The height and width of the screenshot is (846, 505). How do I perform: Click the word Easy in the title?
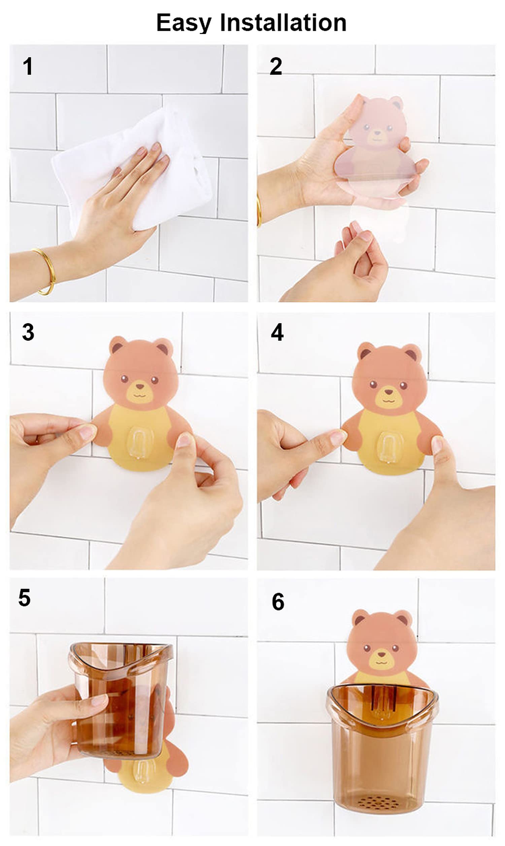click(x=184, y=23)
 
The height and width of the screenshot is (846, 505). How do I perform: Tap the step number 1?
click(x=28, y=66)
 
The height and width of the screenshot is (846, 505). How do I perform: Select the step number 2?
click(x=276, y=66)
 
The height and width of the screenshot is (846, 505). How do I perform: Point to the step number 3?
click(x=28, y=332)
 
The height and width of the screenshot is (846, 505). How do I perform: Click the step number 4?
click(x=277, y=332)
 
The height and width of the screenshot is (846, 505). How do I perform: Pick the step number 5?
click(x=25, y=598)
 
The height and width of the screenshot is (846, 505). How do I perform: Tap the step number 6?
click(x=278, y=602)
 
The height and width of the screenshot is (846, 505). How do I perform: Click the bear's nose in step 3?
click(x=140, y=386)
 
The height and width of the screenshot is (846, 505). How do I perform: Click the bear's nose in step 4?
click(x=388, y=392)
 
